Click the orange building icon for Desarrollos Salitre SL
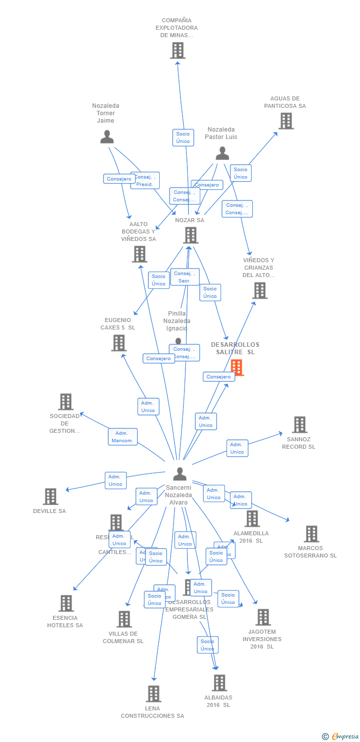pos(237,368)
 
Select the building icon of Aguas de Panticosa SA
pos(286,121)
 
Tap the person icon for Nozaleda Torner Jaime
pos(107,137)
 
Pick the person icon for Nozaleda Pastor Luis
pos(222,153)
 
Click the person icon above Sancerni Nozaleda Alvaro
pos(180,474)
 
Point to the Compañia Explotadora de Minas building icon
pos(178,50)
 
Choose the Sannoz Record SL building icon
pos(299,424)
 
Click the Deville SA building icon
pos(50,496)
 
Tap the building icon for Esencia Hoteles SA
pos(66,603)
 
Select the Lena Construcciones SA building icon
pos(153,694)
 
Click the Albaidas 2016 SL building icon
pos(219,683)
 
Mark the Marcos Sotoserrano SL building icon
pos(311,534)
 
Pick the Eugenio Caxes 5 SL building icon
pos(119,343)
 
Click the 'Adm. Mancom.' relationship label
pos(123,437)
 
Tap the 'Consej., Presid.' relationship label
pos(145,181)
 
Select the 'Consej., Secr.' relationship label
pos(184,277)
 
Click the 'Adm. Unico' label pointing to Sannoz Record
pos(237,448)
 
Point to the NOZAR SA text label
pos(189,220)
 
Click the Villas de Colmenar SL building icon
pos(124,619)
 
